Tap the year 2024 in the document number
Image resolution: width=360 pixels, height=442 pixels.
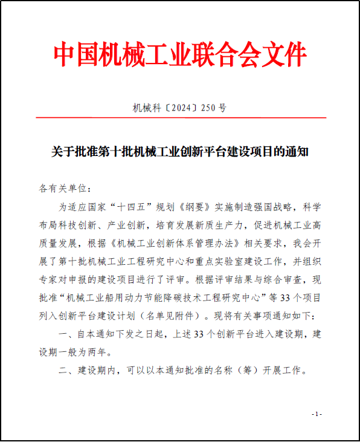click(180, 108)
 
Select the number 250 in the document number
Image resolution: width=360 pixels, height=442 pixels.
click(208, 108)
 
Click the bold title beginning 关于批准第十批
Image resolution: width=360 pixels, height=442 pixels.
click(180, 151)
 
